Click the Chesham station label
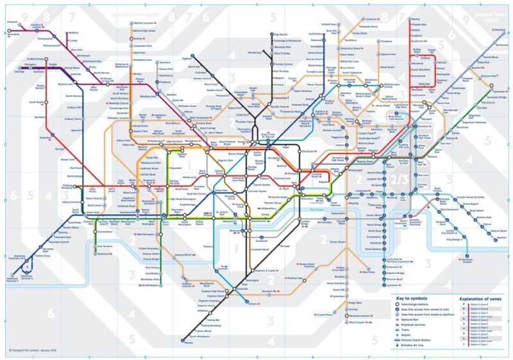point(12,22)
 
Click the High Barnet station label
point(281,34)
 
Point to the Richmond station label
point(103,254)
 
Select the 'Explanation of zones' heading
point(478,298)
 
